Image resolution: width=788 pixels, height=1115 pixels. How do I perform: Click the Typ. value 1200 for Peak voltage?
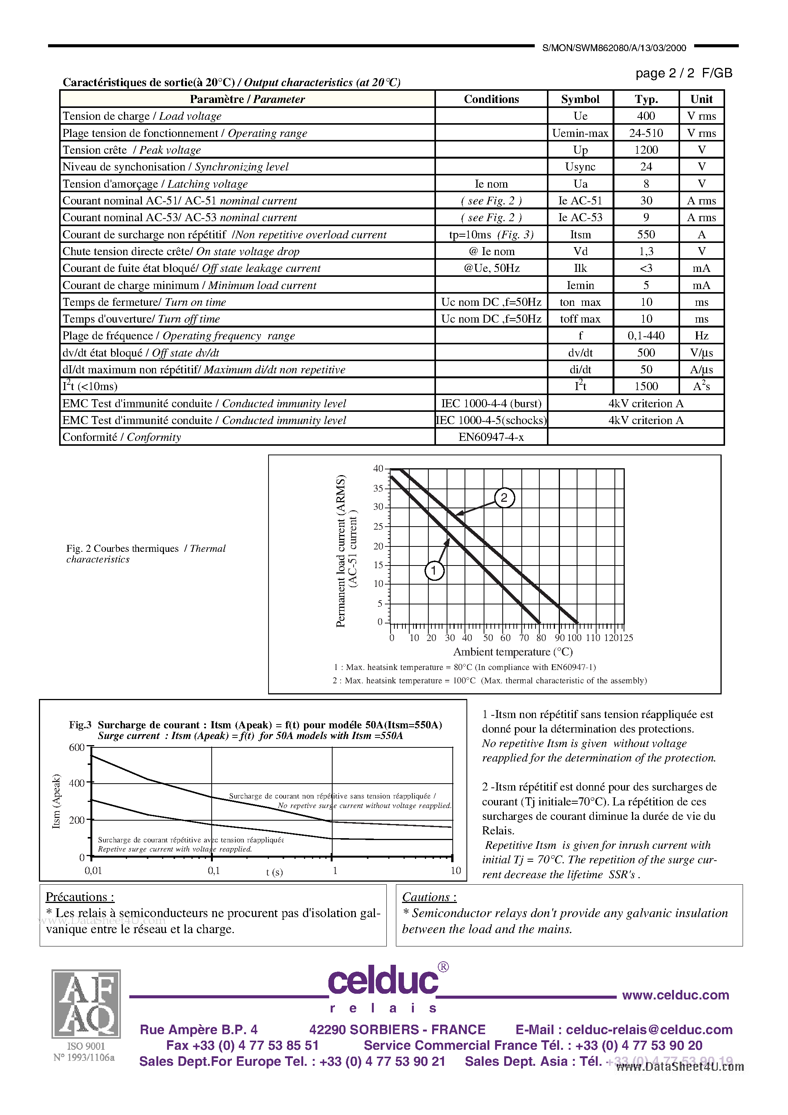click(x=646, y=149)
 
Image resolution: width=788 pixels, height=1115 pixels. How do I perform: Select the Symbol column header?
click(x=580, y=99)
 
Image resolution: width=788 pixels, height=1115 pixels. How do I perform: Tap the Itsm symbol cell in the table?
click(x=580, y=235)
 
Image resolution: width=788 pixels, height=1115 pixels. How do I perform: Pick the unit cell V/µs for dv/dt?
click(x=701, y=353)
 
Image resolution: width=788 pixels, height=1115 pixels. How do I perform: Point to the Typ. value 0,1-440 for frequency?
click(x=646, y=336)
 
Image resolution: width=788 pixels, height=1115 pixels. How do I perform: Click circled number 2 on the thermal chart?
click(x=504, y=498)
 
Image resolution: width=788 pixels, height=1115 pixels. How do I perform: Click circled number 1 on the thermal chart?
click(x=434, y=570)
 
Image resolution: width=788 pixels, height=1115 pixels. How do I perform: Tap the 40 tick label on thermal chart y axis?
click(x=378, y=469)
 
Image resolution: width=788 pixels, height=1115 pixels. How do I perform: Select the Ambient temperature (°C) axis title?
click(x=513, y=652)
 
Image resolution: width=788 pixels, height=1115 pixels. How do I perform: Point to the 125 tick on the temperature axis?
click(x=626, y=638)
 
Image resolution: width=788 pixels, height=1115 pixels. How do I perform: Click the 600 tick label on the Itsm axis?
click(x=77, y=747)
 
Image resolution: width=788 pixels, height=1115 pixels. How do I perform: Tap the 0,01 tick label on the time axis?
click(x=93, y=871)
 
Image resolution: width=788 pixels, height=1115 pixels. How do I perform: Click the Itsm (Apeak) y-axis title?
click(x=56, y=801)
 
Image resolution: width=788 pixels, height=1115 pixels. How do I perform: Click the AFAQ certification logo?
click(x=86, y=1003)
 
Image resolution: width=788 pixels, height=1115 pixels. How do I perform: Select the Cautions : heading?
click(x=429, y=897)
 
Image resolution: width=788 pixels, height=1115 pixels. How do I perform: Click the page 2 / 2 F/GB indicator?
click(x=683, y=73)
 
